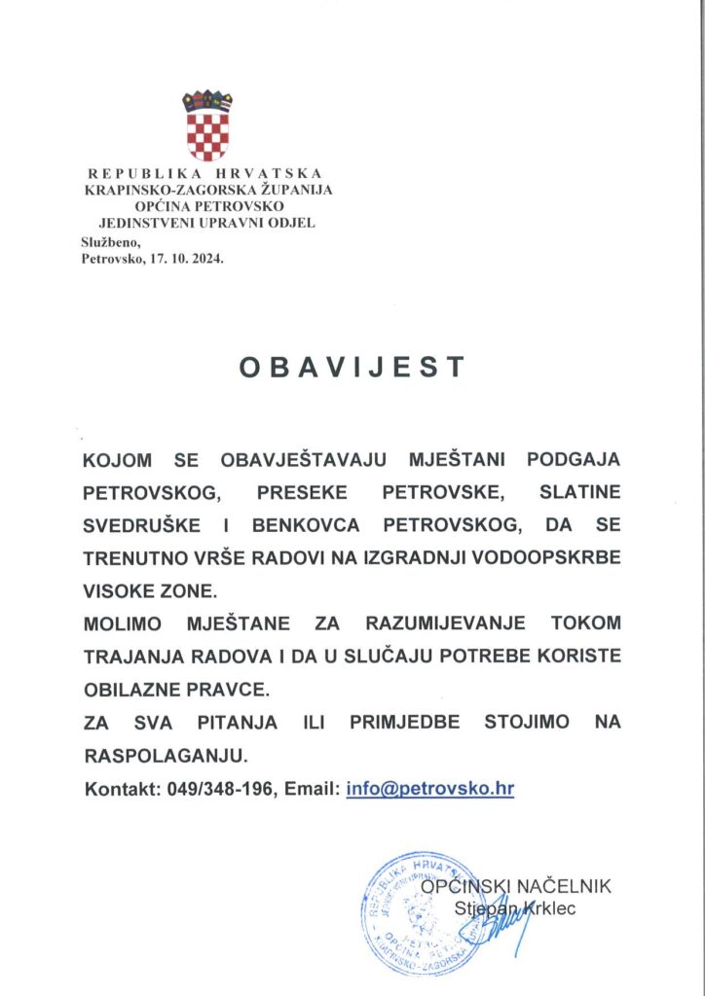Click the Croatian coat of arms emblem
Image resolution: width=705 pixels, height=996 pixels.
207,125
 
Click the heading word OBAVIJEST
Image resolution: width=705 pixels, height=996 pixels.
352,367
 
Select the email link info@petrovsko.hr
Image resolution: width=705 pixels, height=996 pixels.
429,789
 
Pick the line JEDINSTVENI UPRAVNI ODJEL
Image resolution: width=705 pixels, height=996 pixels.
207,223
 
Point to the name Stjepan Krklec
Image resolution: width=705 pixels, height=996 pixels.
513,909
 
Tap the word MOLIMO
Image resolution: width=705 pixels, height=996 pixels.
123,622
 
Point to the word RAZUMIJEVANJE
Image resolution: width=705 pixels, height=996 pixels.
444,622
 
